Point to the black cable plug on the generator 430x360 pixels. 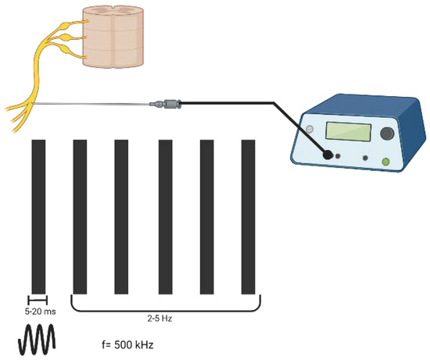coord(328,155)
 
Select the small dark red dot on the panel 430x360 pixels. coord(339,156)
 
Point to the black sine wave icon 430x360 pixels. coord(38,340)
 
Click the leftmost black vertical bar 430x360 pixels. coord(38,215)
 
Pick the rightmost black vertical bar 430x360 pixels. coord(249,215)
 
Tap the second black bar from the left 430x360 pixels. coord(79,215)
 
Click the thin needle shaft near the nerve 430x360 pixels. coord(94,104)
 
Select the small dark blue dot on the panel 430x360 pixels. coord(367,159)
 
